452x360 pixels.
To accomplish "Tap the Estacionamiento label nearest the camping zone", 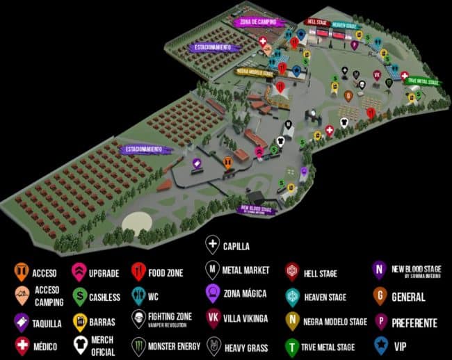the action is (x=215, y=47).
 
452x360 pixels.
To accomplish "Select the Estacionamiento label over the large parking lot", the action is (x=145, y=149).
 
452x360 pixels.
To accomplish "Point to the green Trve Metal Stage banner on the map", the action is (x=423, y=82).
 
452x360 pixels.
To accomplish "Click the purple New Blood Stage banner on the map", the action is (x=257, y=209).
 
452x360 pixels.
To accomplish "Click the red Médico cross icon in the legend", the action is (x=22, y=345).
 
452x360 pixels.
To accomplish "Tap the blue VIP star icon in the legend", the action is (x=380, y=345).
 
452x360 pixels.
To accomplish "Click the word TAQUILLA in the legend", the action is (x=47, y=323).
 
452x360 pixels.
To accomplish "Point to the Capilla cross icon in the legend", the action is (x=211, y=245).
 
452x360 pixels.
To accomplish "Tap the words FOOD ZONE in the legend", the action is (x=166, y=272).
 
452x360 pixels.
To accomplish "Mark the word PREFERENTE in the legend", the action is (x=415, y=322).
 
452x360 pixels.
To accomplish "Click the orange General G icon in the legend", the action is (x=380, y=297).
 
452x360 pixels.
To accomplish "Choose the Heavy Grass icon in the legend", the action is (x=212, y=345).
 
